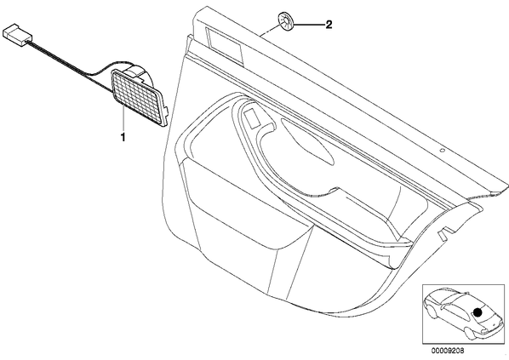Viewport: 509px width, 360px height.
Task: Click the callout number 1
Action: coord(123,137)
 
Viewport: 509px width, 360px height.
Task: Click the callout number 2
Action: coord(329,25)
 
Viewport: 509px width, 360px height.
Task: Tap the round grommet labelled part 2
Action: coord(285,21)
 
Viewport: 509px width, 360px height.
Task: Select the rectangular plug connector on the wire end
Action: coord(17,36)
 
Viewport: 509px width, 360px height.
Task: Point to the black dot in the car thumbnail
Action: coord(478,312)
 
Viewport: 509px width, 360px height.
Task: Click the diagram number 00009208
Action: coord(448,351)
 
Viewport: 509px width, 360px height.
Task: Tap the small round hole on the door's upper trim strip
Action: coord(442,151)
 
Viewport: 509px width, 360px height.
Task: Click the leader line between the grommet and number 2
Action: coord(308,25)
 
